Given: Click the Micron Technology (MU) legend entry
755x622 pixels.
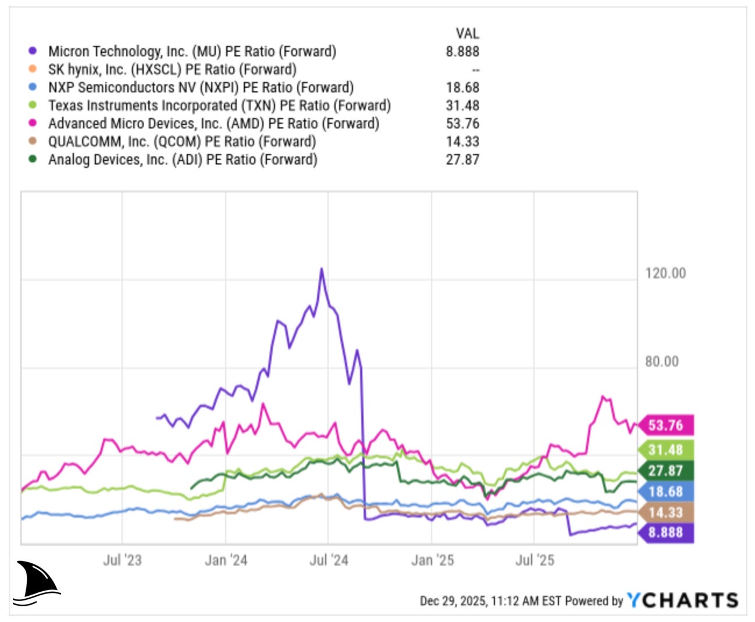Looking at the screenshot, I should pyautogui.click(x=192, y=52).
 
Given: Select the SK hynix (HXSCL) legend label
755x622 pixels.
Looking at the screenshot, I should pyautogui.click(x=172, y=70).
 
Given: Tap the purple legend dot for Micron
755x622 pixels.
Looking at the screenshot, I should pyautogui.click(x=33, y=51).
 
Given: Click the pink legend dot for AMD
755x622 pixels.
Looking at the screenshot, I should pyautogui.click(x=33, y=123).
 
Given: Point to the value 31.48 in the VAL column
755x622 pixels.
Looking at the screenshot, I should pyautogui.click(x=462, y=106).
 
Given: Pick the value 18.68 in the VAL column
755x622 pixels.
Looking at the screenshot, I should pyautogui.click(x=462, y=88).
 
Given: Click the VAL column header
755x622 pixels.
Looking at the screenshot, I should pyautogui.click(x=467, y=34).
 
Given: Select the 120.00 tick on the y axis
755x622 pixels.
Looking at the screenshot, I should pyautogui.click(x=665, y=273).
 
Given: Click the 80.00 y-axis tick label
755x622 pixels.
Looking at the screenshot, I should pyautogui.click(x=662, y=362).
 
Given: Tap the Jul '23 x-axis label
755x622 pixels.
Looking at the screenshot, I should pyautogui.click(x=122, y=560).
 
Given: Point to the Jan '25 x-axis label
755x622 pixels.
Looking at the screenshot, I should pyautogui.click(x=432, y=560).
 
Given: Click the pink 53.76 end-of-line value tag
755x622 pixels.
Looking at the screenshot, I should pyautogui.click(x=665, y=426).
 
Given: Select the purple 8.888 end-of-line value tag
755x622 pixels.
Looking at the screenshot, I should pyautogui.click(x=665, y=532).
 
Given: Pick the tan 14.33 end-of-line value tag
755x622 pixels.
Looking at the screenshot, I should pyautogui.click(x=665, y=513).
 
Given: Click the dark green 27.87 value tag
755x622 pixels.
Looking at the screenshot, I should pyautogui.click(x=665, y=471).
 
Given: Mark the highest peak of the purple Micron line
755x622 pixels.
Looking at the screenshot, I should pyautogui.click(x=322, y=269).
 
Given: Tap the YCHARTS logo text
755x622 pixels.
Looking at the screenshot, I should pyautogui.click(x=682, y=600).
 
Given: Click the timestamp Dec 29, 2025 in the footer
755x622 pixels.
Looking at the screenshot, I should pyautogui.click(x=453, y=601).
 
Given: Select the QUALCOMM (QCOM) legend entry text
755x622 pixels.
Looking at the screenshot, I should pyautogui.click(x=182, y=142).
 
